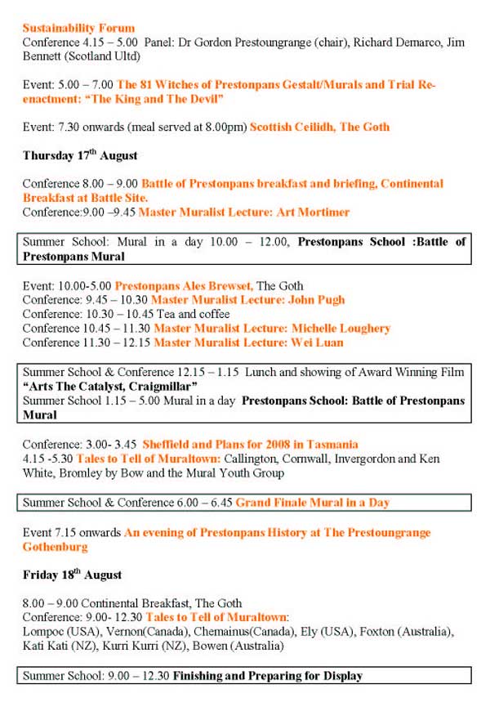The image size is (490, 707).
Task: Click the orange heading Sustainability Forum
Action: coord(78,28)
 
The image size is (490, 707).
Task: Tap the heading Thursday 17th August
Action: coord(80,155)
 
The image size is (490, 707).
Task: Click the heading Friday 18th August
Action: coord(73,575)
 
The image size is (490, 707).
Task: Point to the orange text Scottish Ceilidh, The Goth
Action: coord(319,127)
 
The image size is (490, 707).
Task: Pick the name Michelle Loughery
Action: coord(342,329)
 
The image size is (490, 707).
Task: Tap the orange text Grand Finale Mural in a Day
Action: coord(313,503)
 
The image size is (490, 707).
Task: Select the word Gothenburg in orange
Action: coord(55,546)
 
